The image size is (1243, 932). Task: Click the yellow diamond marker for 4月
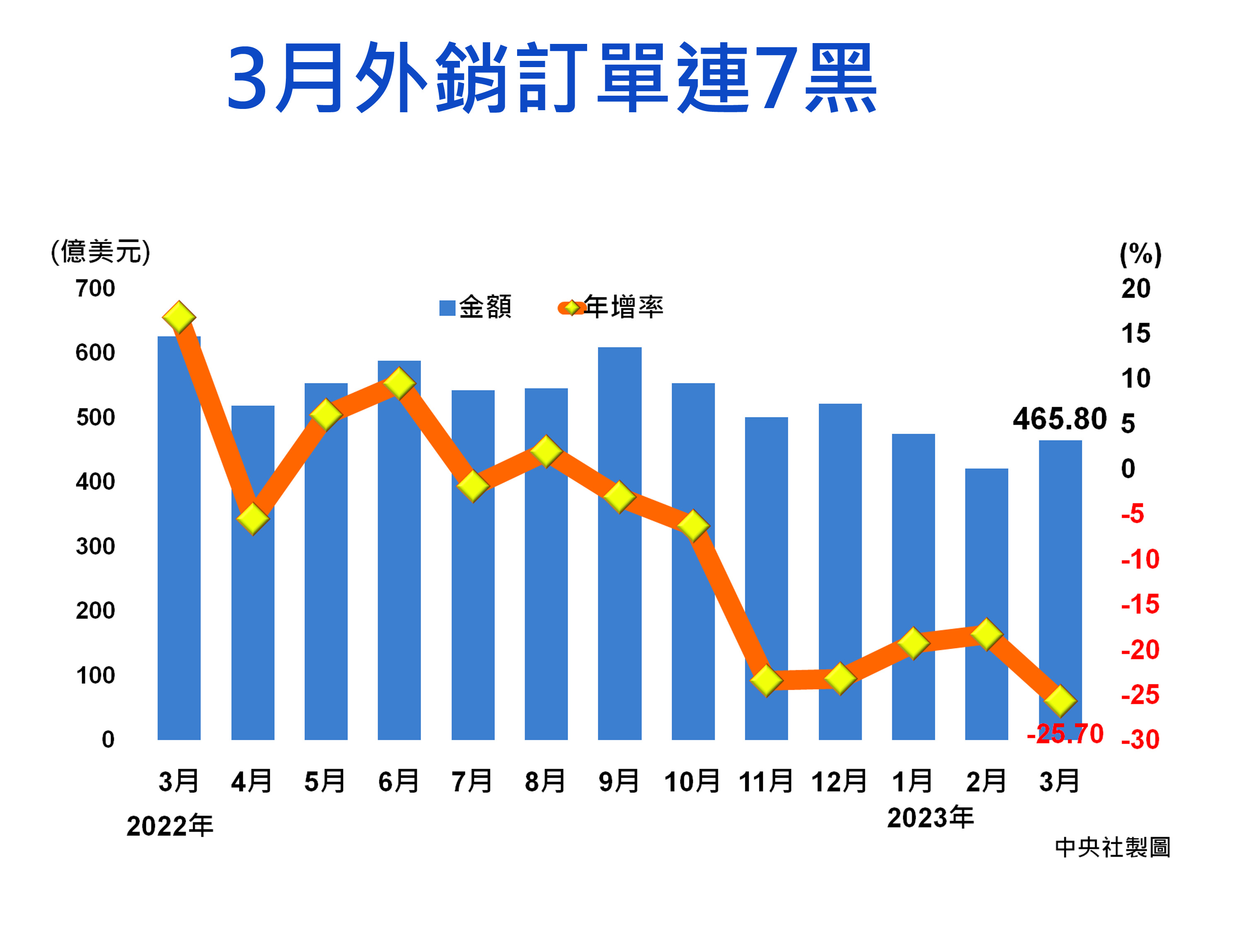253,518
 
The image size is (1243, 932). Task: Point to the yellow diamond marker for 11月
767,680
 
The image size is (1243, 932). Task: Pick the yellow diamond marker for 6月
399,384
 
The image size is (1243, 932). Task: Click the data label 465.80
1059,419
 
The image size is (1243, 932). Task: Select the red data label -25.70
1065,734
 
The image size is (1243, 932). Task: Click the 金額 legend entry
475,307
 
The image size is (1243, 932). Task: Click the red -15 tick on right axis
1139,604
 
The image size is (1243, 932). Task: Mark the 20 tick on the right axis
1136,289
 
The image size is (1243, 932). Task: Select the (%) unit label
1140,254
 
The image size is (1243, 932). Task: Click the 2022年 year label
170,826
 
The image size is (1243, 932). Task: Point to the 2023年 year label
930,817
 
